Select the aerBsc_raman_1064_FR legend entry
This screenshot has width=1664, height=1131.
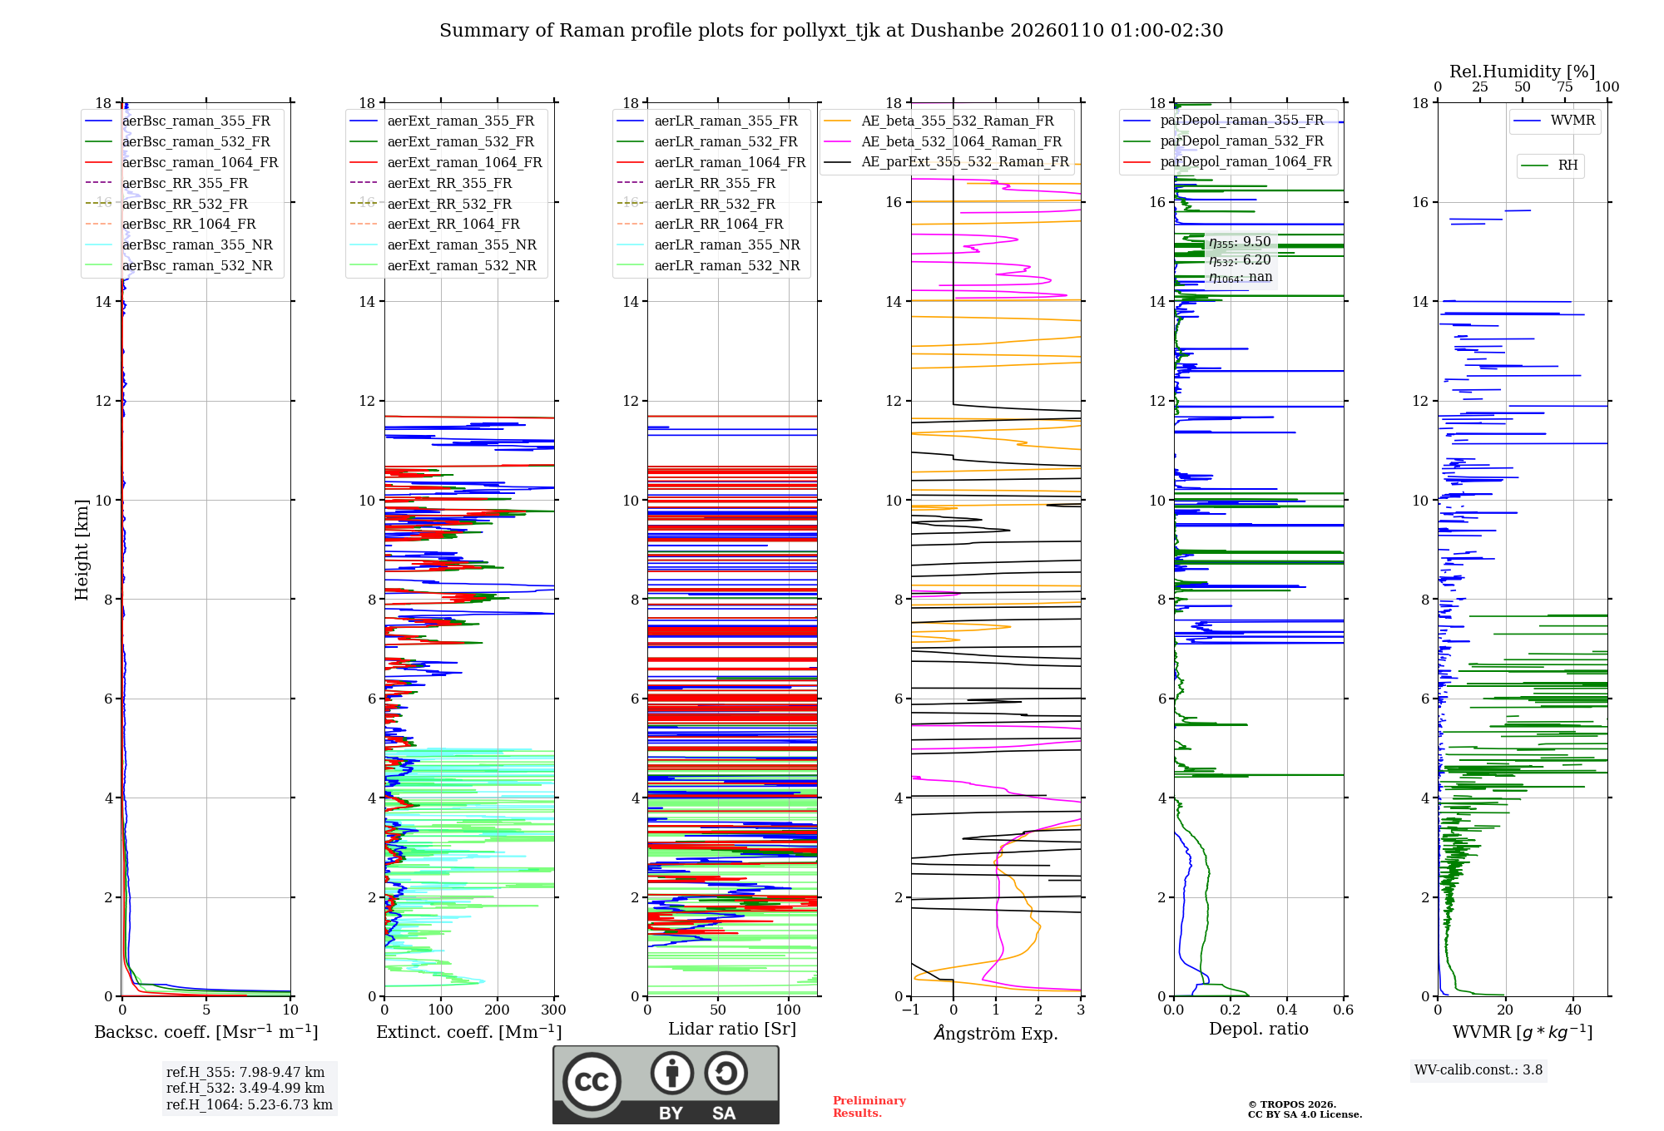[x=200, y=162]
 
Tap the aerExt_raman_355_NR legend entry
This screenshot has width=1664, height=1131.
[x=462, y=244]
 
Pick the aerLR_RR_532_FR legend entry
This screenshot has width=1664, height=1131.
[x=715, y=204]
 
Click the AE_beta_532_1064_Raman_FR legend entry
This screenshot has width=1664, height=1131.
[x=961, y=141]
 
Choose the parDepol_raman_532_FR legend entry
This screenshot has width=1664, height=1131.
[x=1241, y=141]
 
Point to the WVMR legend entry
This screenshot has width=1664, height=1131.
[x=1572, y=121]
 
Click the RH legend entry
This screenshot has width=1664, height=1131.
[x=1567, y=165]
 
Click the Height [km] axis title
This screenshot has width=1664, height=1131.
[x=82, y=549]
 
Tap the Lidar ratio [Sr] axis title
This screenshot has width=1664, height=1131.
[x=732, y=1029]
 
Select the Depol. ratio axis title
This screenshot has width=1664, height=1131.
[x=1258, y=1029]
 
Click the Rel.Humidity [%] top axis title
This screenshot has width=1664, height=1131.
[x=1522, y=72]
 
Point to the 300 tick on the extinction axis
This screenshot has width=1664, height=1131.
[x=553, y=1010]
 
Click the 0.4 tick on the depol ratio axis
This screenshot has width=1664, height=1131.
[x=1286, y=1010]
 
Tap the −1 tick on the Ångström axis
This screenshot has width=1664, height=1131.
[x=910, y=1010]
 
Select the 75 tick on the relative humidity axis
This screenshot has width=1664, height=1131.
[x=1564, y=87]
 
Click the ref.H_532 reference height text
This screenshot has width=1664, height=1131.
[x=245, y=1088]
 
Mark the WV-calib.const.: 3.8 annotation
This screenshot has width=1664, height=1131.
[x=1478, y=1069]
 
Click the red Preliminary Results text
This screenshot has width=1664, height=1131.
[x=869, y=1106]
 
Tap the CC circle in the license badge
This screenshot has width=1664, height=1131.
[x=592, y=1081]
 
